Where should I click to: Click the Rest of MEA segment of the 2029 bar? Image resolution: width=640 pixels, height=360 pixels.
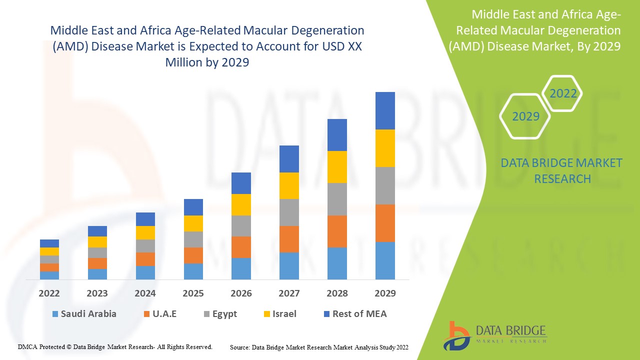385,110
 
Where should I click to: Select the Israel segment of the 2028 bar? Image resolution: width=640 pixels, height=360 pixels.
337,167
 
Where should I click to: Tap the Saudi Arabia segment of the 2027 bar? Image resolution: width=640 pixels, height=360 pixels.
289,265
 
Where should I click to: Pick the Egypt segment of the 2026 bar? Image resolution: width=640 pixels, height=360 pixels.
241,226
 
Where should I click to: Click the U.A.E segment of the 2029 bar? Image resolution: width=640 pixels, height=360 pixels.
385,223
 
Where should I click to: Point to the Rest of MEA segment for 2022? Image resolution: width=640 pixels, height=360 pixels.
49,243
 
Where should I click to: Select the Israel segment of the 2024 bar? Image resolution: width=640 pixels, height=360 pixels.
145,232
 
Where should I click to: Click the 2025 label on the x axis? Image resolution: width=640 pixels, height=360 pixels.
193,293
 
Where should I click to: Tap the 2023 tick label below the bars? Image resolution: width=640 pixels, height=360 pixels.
97,293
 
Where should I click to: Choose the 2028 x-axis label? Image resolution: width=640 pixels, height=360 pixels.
337,293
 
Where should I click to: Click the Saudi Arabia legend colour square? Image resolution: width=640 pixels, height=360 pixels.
54,314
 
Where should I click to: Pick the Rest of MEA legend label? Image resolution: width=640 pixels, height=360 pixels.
359,314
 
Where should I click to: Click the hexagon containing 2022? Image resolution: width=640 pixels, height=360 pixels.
563,93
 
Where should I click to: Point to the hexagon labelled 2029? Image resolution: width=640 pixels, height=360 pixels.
525,116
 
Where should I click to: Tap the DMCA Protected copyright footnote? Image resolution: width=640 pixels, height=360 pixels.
115,346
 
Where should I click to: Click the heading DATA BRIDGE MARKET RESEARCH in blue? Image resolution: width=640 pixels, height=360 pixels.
562,170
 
